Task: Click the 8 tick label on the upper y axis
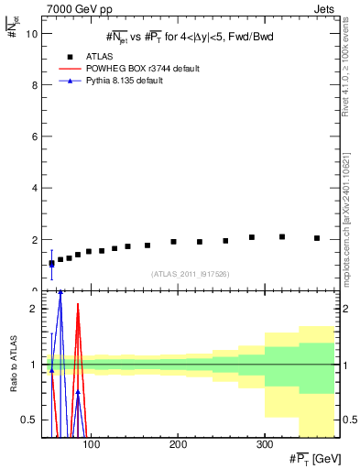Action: (32, 84)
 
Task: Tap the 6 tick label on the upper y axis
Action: (32, 136)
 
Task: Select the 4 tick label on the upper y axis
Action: (32, 188)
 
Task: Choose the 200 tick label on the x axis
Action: (178, 443)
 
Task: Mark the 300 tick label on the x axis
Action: (264, 443)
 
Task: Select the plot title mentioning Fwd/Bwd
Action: (189, 37)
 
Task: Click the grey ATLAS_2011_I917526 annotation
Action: (190, 274)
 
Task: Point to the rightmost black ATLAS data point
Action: (317, 238)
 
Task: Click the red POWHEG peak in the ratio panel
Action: (79, 317)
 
